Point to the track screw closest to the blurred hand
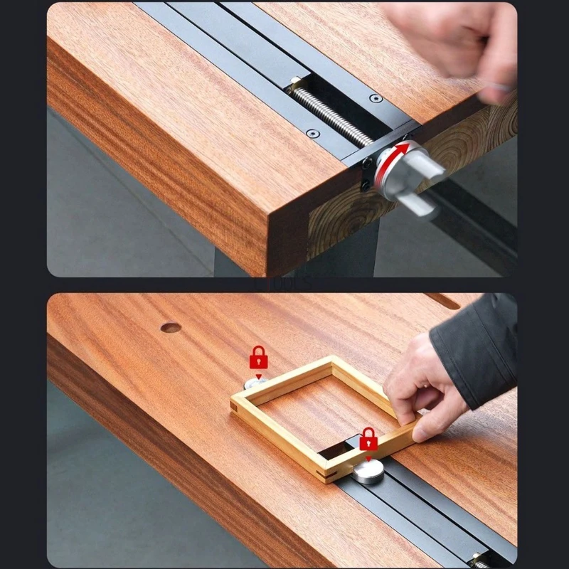tap(376, 98)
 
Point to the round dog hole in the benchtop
tap(170, 328)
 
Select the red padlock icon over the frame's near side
tap(368, 439)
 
